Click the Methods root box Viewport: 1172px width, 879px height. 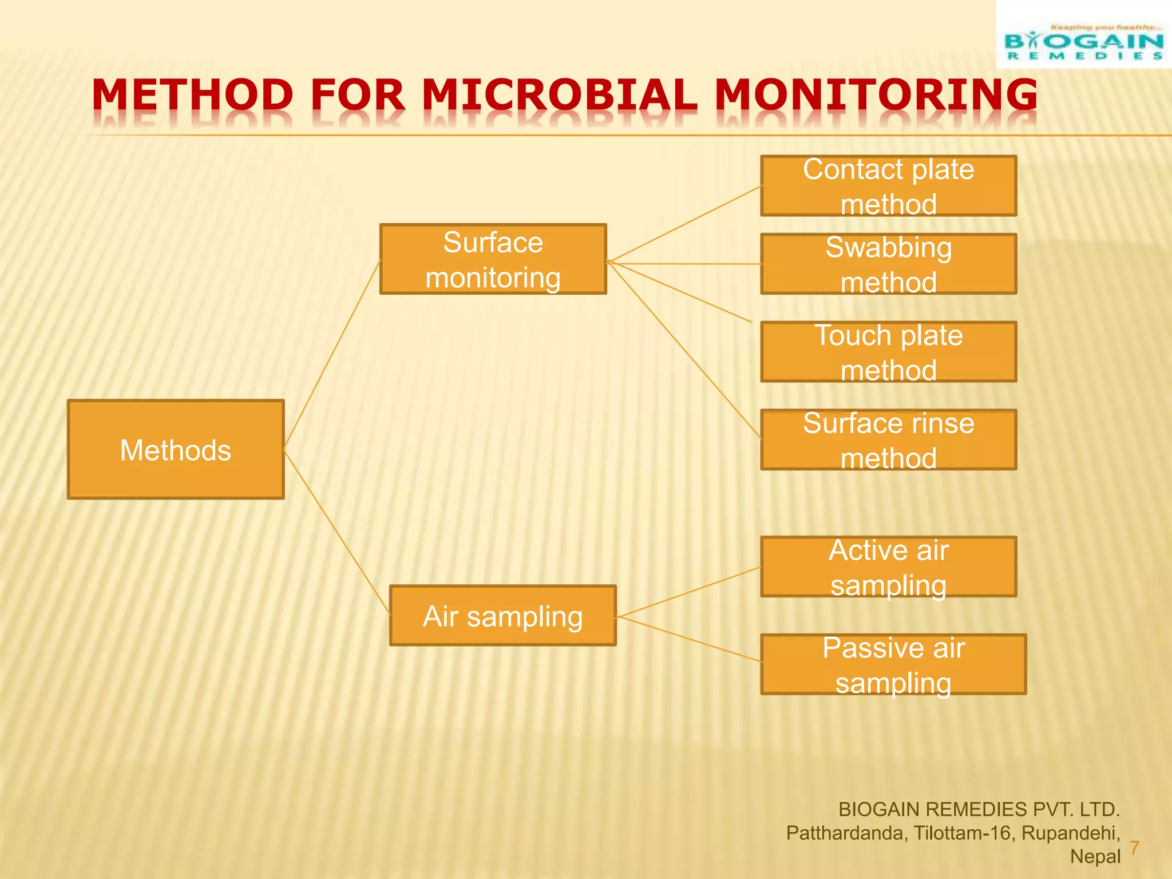coord(176,449)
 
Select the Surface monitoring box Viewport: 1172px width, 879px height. coord(493,259)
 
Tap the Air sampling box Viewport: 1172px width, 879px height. coord(502,616)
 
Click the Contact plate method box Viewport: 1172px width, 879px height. coord(888,186)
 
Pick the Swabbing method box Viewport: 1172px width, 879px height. coord(888,264)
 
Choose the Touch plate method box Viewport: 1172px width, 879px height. coord(888,351)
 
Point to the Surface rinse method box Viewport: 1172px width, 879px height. coord(888,439)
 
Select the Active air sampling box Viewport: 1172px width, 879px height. coord(888,567)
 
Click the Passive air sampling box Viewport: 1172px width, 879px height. coord(893,664)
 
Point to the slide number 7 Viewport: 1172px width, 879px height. coord(1134,848)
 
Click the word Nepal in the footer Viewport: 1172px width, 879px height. coord(1095,857)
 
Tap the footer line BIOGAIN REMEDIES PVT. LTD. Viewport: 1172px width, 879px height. coord(979,809)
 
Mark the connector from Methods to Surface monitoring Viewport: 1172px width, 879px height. coord(332,355)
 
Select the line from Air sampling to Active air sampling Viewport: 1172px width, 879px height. coord(689,592)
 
